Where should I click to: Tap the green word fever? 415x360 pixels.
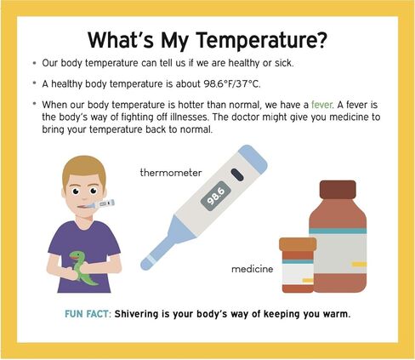pyautogui.click(x=321, y=105)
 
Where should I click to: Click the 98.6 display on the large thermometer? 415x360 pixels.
pyautogui.click(x=216, y=196)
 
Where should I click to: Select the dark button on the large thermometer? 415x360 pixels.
pyautogui.click(x=237, y=174)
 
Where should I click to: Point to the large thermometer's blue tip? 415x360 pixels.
pyautogui.click(x=147, y=264)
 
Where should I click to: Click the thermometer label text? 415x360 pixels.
pyautogui.click(x=171, y=172)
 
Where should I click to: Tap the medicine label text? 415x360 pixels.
pyautogui.click(x=253, y=269)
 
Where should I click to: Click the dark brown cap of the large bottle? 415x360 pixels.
pyautogui.click(x=338, y=190)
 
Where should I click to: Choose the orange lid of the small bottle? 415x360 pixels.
pyautogui.click(x=298, y=244)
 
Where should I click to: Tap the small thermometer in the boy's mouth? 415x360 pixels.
pyautogui.click(x=99, y=204)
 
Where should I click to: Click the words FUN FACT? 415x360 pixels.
pyautogui.click(x=87, y=314)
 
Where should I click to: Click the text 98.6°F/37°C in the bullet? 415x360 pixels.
pyautogui.click(x=231, y=84)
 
